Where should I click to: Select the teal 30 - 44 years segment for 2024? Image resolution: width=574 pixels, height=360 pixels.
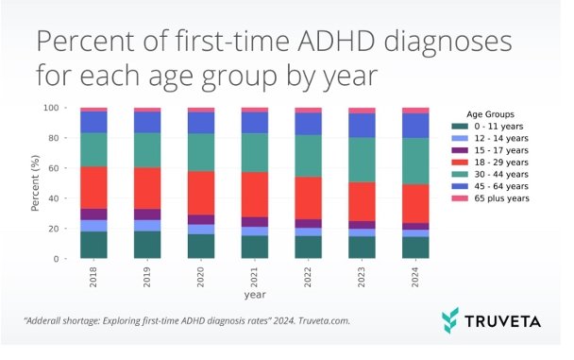(x=415, y=161)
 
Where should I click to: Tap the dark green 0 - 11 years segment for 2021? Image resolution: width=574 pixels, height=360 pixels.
(x=255, y=247)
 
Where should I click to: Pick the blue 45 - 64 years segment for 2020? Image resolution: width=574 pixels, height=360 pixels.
(x=201, y=123)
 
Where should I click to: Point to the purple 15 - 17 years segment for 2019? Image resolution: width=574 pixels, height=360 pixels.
(x=147, y=214)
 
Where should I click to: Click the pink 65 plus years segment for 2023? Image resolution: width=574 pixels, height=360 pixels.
(x=363, y=111)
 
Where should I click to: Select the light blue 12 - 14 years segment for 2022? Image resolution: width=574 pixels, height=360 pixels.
(x=309, y=231)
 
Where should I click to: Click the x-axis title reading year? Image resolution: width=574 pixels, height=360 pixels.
(x=254, y=295)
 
